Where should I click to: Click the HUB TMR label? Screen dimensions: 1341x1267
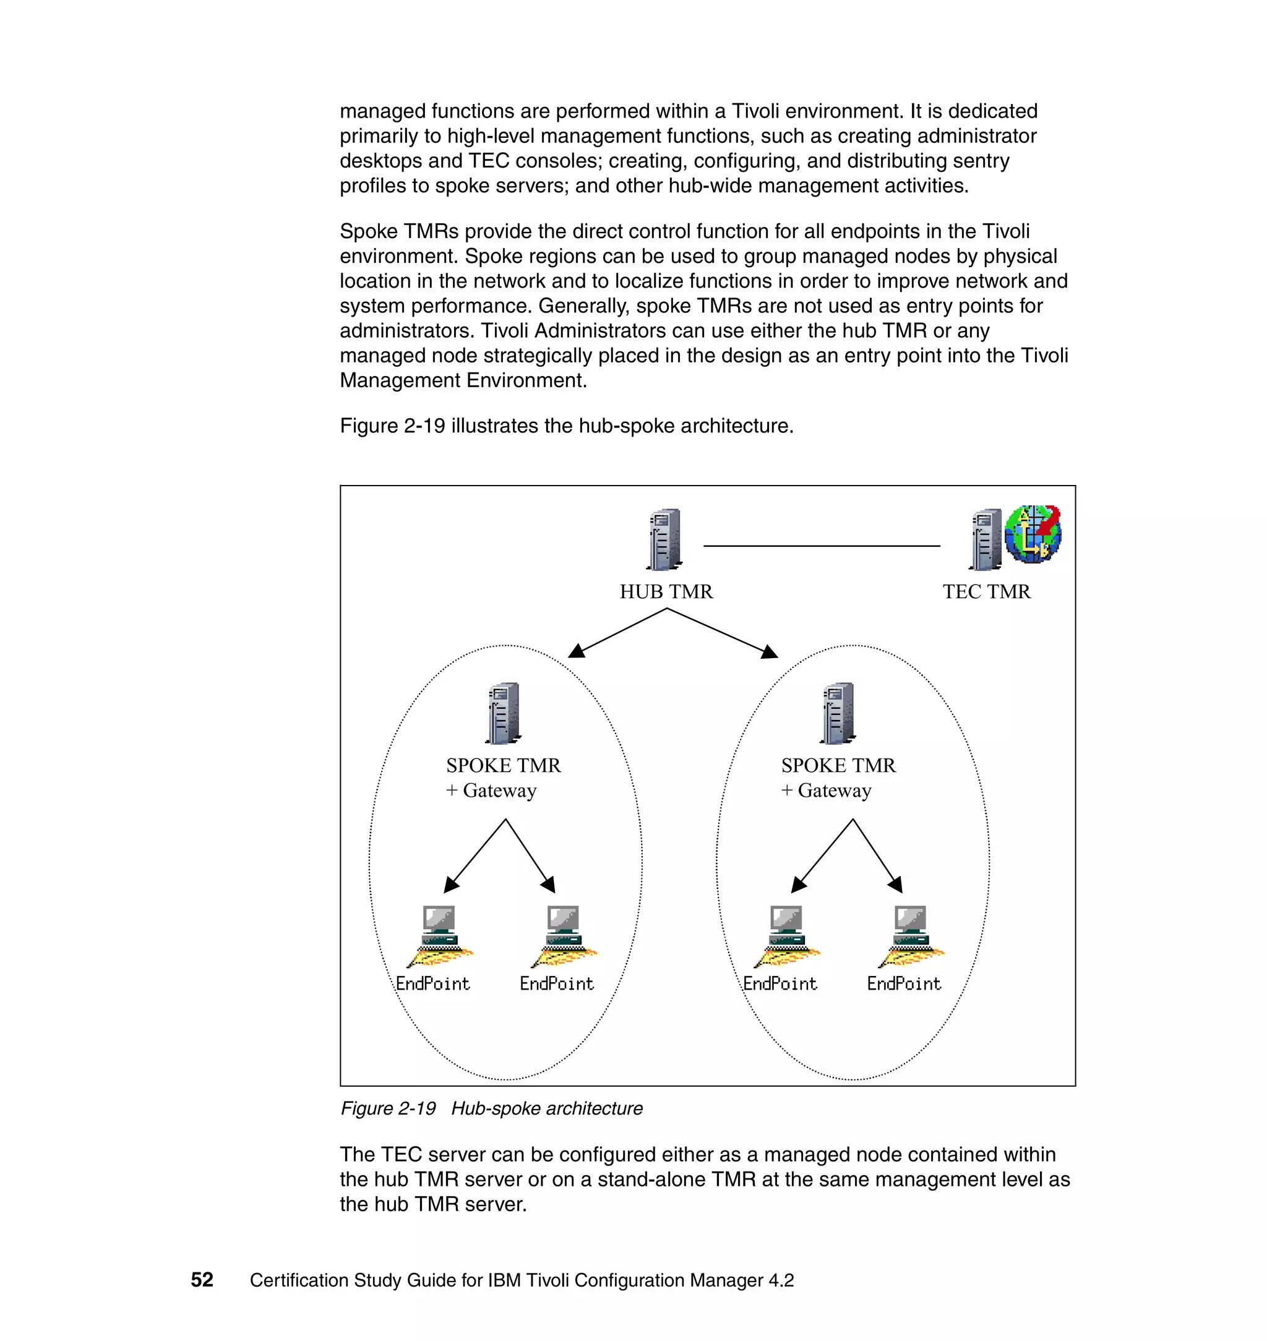(666, 591)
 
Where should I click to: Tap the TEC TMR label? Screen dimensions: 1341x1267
(986, 591)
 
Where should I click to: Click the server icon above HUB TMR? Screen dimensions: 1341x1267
(664, 539)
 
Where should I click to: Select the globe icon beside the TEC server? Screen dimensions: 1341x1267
(1033, 534)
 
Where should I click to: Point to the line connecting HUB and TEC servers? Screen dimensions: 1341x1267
(821, 546)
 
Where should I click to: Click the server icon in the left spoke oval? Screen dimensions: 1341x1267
(503, 713)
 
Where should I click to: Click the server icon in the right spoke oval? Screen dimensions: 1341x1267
(838, 713)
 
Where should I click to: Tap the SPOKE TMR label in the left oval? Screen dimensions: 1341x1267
(503, 765)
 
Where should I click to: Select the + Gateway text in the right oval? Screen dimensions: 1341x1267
(826, 790)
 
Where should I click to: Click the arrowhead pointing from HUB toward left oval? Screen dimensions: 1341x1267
(576, 651)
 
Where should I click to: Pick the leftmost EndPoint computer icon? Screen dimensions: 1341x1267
(439, 936)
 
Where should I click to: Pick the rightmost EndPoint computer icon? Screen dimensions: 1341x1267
(911, 936)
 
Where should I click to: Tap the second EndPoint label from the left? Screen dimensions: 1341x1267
(557, 984)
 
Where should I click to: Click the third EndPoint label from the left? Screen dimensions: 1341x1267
(780, 984)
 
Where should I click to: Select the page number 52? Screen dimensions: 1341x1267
(202, 1280)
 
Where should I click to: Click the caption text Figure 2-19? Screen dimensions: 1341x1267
(389, 1108)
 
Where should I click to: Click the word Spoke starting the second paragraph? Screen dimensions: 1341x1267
(368, 231)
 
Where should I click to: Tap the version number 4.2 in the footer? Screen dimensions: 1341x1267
(781, 1280)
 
